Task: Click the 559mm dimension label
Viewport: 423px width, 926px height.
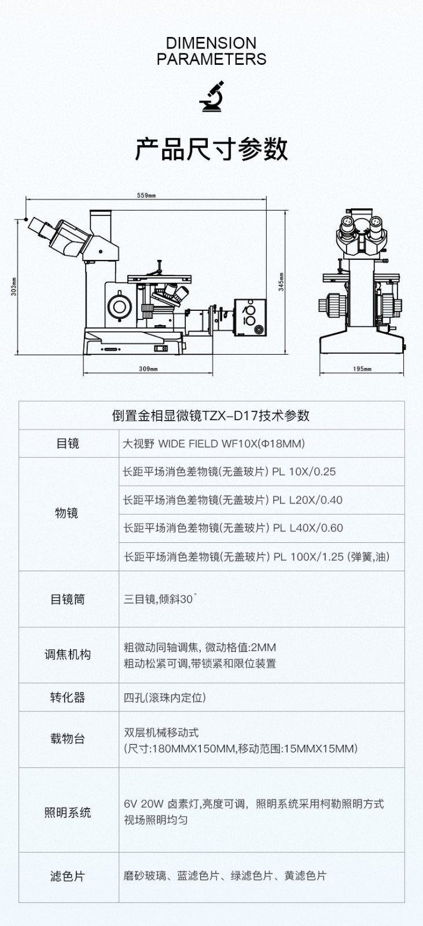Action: [x=146, y=196]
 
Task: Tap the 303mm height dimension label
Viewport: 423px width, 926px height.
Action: [x=14, y=286]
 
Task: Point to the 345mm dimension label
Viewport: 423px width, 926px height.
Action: [x=281, y=282]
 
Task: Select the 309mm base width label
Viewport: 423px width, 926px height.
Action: [x=148, y=369]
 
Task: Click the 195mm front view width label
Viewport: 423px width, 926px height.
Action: [x=362, y=369]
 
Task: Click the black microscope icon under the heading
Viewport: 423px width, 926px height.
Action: [x=212, y=96]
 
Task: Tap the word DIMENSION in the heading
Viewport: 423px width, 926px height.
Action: [x=211, y=43]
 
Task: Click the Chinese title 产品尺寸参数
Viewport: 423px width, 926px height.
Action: [x=211, y=149]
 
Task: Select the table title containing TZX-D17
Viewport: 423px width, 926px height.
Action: [x=211, y=416]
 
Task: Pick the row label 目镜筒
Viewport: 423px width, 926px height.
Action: [x=67, y=599]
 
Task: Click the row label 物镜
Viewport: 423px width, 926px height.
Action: [x=67, y=513]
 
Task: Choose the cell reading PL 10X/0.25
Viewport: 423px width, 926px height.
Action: [x=229, y=472]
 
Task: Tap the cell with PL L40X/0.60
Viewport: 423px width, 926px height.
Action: [x=233, y=528]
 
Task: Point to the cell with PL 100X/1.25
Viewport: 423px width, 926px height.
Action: [x=257, y=556]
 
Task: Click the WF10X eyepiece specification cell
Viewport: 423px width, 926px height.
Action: [x=214, y=443]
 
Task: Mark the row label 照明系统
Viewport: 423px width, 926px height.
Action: [x=67, y=813]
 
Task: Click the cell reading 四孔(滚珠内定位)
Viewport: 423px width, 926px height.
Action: [x=164, y=697]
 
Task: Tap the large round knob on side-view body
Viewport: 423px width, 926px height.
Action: [x=120, y=306]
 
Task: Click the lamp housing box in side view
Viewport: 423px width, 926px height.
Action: [x=250, y=318]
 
